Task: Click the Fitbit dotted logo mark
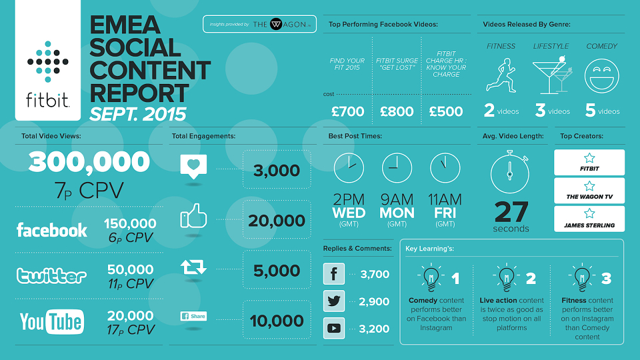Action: pos(48,61)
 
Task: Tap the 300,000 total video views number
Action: pos(89,161)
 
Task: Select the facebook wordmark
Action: pos(52,230)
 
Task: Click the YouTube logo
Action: pos(52,321)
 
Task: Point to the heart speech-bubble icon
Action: pos(193,166)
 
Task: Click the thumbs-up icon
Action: pos(193,216)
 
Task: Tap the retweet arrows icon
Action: pos(193,267)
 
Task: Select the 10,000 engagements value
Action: pos(277,321)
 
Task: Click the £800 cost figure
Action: pos(397,111)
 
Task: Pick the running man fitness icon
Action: pos(501,75)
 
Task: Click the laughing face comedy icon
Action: pos(601,76)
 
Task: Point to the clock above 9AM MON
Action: pos(397,168)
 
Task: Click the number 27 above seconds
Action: pos(511,212)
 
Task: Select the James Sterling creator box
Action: pos(589,219)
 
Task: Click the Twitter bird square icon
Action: pos(334,301)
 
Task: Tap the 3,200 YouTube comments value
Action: pos(374,329)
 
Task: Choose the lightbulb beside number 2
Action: pos(507,277)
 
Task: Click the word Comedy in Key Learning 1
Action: pos(423,301)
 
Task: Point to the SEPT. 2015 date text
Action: pos(138,114)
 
